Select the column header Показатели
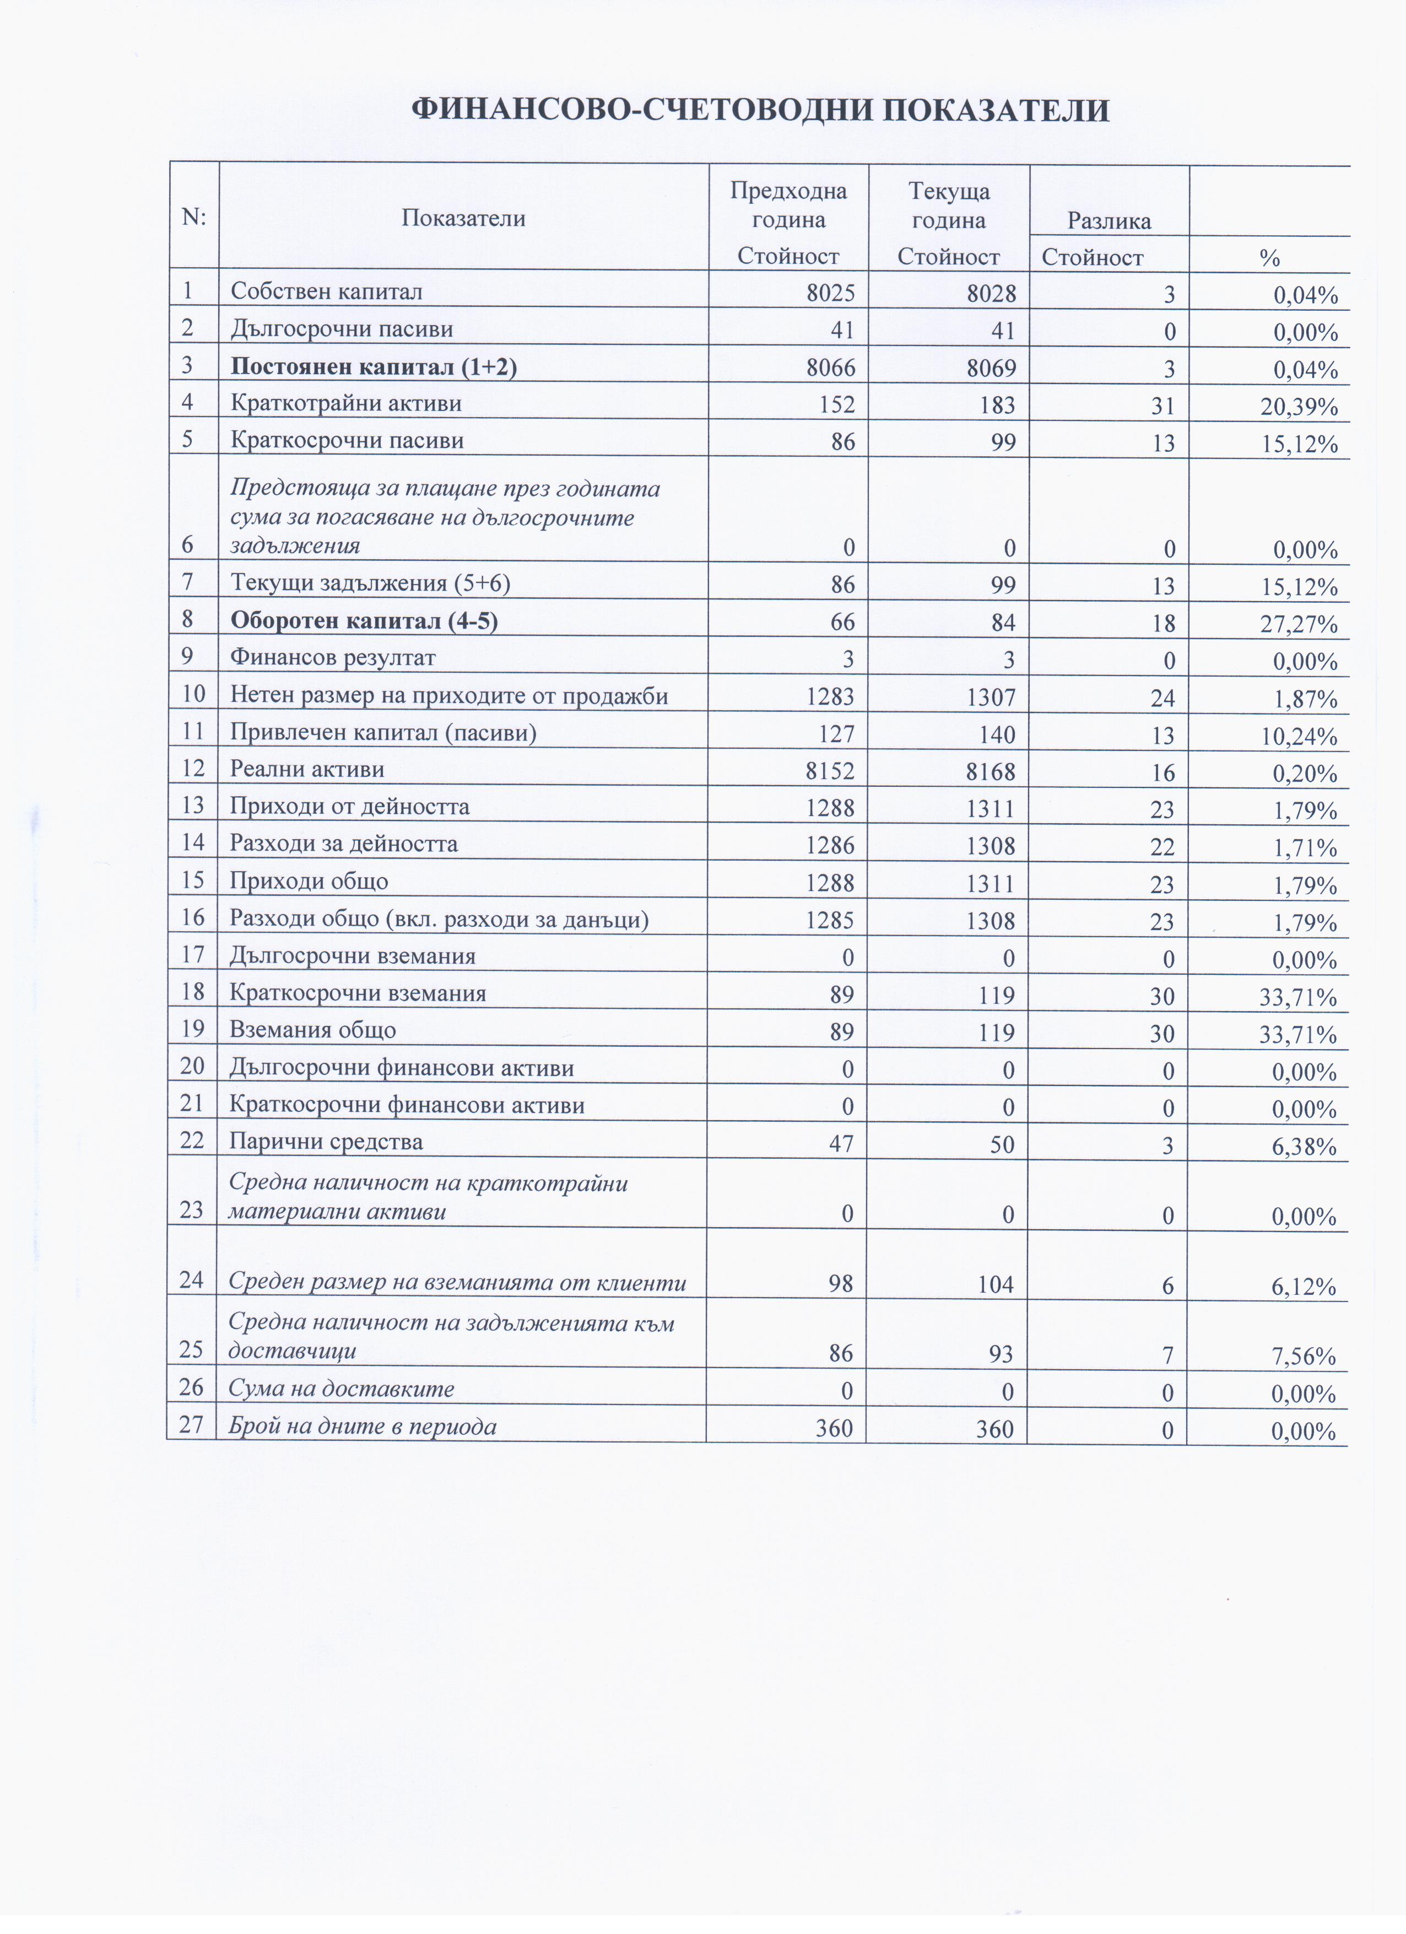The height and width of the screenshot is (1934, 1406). click(463, 218)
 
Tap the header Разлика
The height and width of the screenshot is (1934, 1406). click(1109, 222)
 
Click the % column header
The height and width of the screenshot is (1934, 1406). click(1269, 257)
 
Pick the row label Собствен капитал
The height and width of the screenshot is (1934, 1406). click(327, 291)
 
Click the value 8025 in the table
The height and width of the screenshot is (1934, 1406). click(830, 293)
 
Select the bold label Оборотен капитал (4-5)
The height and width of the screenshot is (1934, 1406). click(364, 621)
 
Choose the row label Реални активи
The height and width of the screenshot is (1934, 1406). click(307, 769)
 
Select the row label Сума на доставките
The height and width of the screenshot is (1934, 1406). click(341, 1389)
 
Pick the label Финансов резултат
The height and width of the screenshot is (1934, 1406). click(333, 657)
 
